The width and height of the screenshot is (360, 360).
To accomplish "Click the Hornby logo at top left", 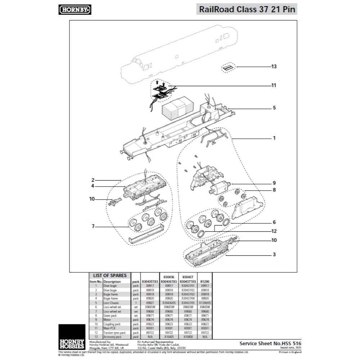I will pyautogui.click(x=75, y=10).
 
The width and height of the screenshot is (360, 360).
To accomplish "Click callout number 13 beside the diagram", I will pyautogui.click(x=274, y=67).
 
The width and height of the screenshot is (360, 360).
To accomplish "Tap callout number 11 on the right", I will pyautogui.click(x=274, y=86).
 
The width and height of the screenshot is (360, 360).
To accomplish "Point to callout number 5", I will pyautogui.click(x=274, y=108).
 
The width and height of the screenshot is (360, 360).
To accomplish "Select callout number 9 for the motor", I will pyautogui.click(x=274, y=183).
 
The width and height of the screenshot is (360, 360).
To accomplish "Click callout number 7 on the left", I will pyautogui.click(x=93, y=226).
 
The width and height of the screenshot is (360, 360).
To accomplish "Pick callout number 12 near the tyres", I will pyautogui.click(x=274, y=231).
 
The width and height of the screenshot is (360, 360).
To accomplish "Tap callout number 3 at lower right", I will pyautogui.click(x=274, y=255).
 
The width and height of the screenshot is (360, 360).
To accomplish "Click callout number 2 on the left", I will pyautogui.click(x=93, y=180).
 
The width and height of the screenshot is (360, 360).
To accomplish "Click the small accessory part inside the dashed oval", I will pyautogui.click(x=228, y=68).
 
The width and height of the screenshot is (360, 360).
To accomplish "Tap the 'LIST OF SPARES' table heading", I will pyautogui.click(x=109, y=275).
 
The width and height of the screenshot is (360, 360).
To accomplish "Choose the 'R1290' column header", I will pyautogui.click(x=204, y=282).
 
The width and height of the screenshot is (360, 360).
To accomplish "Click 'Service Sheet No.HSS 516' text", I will pyautogui.click(x=270, y=343).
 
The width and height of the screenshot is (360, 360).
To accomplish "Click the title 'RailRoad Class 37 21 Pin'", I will pyautogui.click(x=247, y=9).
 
